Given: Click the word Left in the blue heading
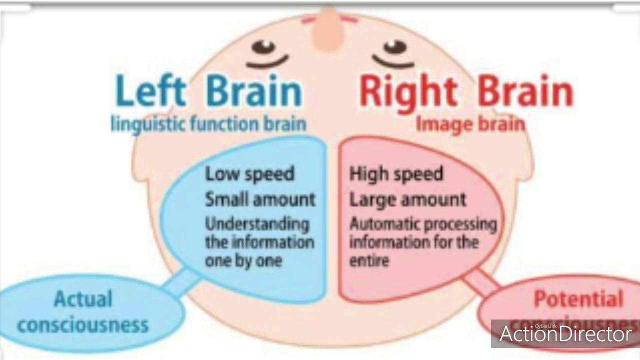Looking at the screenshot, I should (x=151, y=92).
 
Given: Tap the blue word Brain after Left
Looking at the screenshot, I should (x=254, y=92).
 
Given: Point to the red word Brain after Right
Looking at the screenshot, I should (x=525, y=92).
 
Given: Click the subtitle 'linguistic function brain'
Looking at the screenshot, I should (x=208, y=123).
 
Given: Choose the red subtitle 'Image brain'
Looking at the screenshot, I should (x=470, y=123).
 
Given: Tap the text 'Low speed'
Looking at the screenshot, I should (x=249, y=174).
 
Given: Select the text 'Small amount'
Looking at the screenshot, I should (x=260, y=199).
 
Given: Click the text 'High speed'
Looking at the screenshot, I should (x=396, y=174).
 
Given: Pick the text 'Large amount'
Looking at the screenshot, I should (x=407, y=199).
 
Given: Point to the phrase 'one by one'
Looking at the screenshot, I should (x=243, y=261).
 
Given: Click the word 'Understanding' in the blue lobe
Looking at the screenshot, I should (x=257, y=223).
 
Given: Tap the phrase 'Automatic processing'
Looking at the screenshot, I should (x=423, y=223).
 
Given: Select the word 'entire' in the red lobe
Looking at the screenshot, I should (x=369, y=261).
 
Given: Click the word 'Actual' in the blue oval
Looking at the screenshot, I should (x=83, y=299).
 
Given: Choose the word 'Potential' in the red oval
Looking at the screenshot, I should (x=578, y=299).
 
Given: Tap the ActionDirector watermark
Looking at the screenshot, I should (x=565, y=334).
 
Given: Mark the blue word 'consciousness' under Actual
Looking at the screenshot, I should (x=83, y=325).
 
